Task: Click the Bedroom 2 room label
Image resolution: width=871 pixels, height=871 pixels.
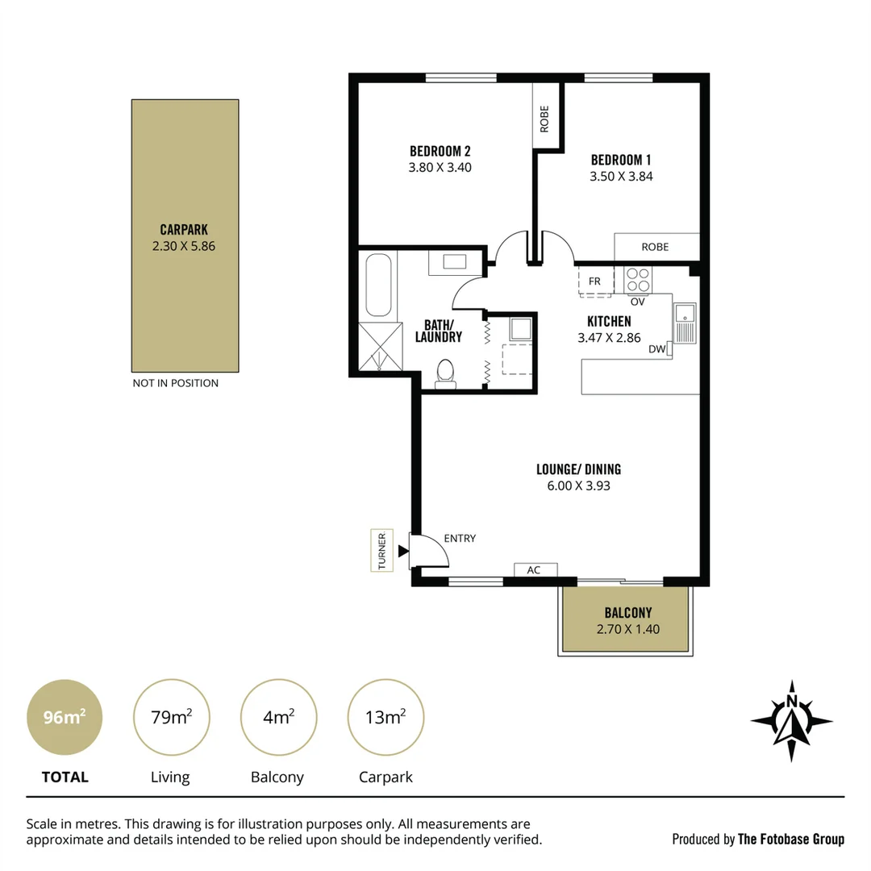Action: click(440, 151)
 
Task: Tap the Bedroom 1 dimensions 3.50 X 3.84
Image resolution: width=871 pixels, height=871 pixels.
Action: click(621, 176)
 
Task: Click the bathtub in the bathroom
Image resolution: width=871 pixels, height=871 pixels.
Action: click(379, 285)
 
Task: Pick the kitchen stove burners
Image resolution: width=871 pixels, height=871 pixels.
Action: click(637, 279)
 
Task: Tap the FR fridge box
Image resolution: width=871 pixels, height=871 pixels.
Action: click(595, 281)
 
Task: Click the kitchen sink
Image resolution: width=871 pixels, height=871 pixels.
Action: click(685, 323)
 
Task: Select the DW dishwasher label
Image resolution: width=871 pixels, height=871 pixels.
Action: click(656, 349)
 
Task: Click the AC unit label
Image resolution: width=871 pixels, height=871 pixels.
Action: click(533, 570)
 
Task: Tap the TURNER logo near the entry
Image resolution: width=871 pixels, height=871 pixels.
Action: click(381, 551)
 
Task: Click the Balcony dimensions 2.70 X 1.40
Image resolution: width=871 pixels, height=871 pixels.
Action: click(627, 629)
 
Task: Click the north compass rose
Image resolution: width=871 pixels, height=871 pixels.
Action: click(791, 721)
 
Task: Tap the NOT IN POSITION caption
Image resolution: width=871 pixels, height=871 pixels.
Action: click(175, 383)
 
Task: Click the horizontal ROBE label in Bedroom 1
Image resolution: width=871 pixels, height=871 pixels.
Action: click(655, 247)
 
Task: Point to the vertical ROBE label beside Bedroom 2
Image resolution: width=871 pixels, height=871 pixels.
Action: click(544, 119)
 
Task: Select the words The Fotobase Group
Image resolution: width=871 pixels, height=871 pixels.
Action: click(790, 840)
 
